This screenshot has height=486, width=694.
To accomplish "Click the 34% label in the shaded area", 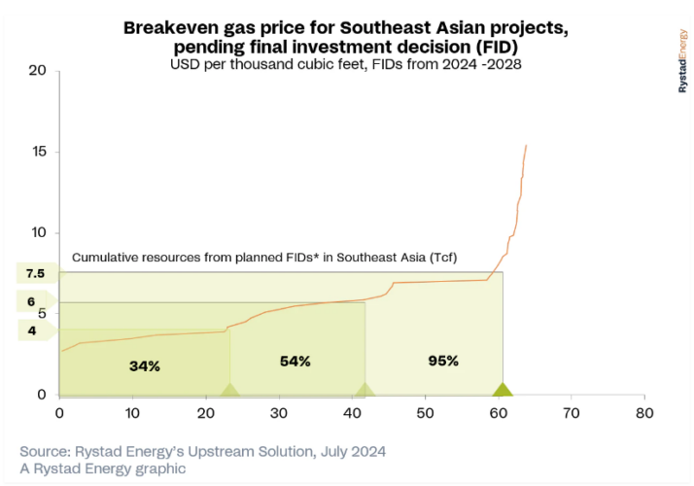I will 144,366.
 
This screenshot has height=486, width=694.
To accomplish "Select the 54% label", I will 295,362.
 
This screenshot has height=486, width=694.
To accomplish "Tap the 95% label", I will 442,361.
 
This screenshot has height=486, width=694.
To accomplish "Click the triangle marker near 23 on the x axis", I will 229,390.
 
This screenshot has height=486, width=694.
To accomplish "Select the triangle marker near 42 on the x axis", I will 364,390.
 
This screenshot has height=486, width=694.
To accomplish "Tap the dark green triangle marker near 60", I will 502,390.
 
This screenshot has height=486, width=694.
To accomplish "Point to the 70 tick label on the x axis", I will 571,412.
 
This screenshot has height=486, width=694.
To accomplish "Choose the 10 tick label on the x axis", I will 132,412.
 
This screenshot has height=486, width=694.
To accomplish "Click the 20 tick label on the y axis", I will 38,71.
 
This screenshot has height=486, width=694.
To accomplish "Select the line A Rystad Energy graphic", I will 103,469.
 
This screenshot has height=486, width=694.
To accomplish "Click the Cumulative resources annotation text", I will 264,258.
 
